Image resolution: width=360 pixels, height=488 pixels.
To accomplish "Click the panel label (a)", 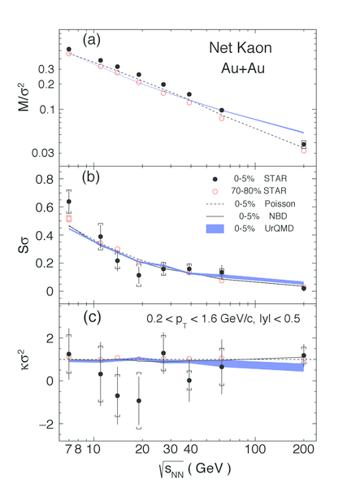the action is click(x=91, y=41).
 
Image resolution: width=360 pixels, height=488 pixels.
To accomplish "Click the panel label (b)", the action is click(x=91, y=177).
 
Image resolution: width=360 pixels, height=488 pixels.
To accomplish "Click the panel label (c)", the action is click(x=92, y=317).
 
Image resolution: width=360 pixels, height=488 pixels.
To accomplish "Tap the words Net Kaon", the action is click(x=241, y=48).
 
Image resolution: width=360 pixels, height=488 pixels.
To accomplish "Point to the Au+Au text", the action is click(x=243, y=68).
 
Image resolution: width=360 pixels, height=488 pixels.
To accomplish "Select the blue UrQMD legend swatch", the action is click(x=215, y=229).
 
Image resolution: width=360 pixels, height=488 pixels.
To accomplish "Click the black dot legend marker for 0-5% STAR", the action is click(x=215, y=179).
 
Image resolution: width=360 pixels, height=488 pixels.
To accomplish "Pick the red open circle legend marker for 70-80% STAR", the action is click(x=215, y=191).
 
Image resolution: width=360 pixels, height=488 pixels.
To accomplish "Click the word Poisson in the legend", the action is click(x=280, y=204).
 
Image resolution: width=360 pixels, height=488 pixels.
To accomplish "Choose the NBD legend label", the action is click(x=278, y=216).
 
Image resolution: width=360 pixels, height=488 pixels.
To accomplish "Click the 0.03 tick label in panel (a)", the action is click(x=43, y=153).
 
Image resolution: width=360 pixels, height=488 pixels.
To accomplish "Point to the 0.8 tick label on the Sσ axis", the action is click(x=45, y=179).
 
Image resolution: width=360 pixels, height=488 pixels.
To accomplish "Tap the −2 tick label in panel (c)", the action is click(x=46, y=425).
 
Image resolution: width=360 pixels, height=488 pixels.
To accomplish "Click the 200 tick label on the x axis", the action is click(x=303, y=450).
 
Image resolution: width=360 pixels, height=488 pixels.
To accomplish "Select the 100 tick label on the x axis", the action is click(x=255, y=450).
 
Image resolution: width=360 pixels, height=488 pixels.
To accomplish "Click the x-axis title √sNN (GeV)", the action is click(x=194, y=468).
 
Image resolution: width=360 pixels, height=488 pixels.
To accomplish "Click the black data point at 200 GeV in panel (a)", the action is click(x=304, y=145).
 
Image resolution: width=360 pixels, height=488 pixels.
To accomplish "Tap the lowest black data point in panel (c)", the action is click(x=139, y=401).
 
